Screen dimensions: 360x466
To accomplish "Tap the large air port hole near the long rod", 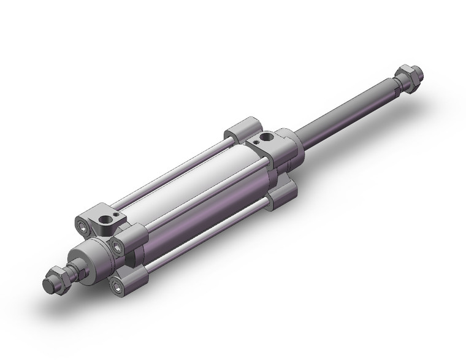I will pos(265,136).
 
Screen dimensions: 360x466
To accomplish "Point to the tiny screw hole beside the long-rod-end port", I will pos(256,145).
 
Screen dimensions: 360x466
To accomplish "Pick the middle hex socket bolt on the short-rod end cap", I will pos(116,246).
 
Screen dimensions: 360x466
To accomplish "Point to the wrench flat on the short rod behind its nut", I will pos(76,270).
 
